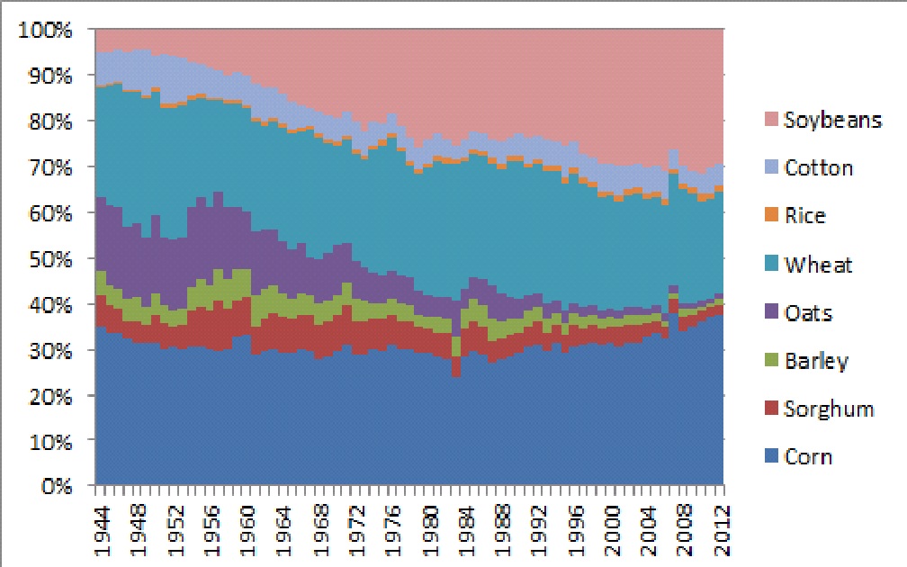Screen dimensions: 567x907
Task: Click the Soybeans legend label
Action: tap(831, 120)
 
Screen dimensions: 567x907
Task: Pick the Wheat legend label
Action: tap(817, 265)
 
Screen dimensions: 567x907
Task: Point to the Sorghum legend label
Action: tap(828, 409)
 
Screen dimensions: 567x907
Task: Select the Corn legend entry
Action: tap(808, 456)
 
